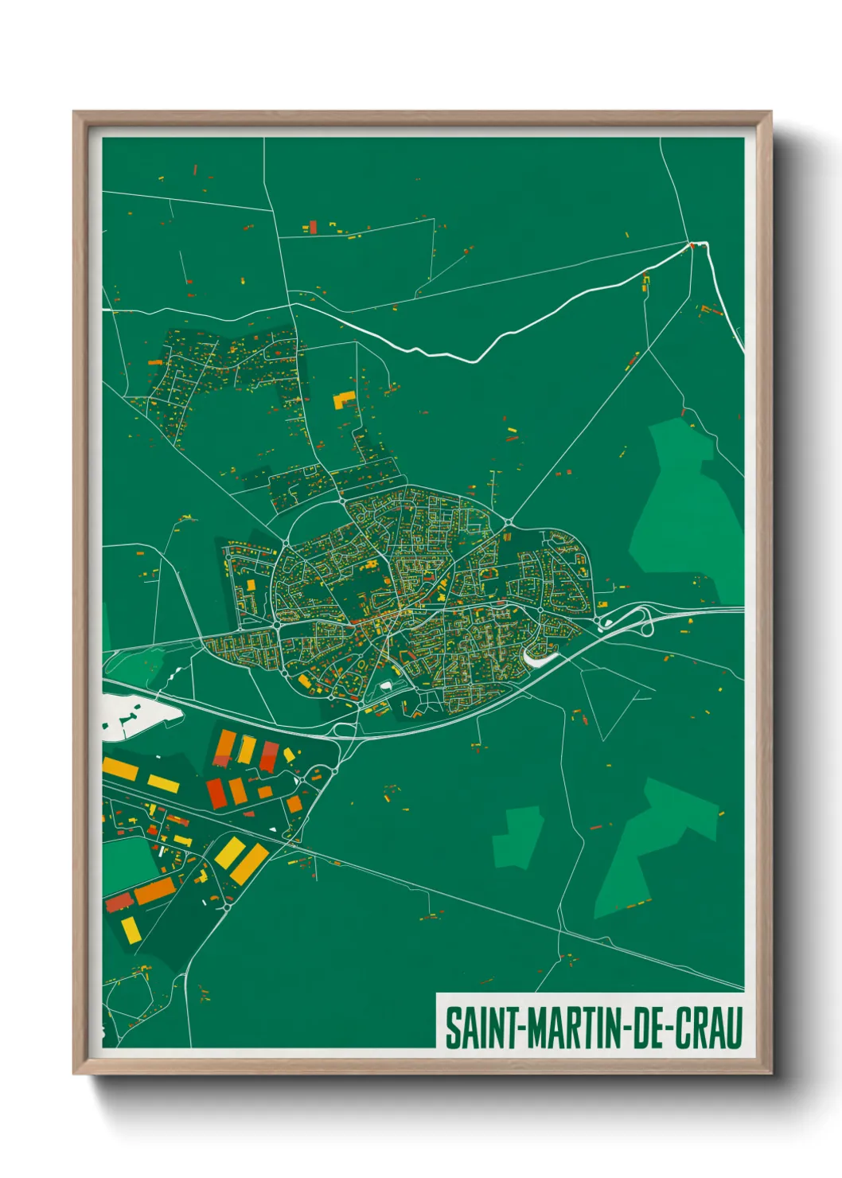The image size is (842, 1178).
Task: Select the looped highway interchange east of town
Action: [629, 618]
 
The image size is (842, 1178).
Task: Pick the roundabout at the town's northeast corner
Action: [508, 523]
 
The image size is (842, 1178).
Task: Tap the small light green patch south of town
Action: [517, 836]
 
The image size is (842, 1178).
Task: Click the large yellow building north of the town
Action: [345, 399]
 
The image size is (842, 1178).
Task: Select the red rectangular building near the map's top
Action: [313, 228]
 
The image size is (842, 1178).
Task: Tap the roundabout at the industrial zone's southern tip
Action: [227, 907]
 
